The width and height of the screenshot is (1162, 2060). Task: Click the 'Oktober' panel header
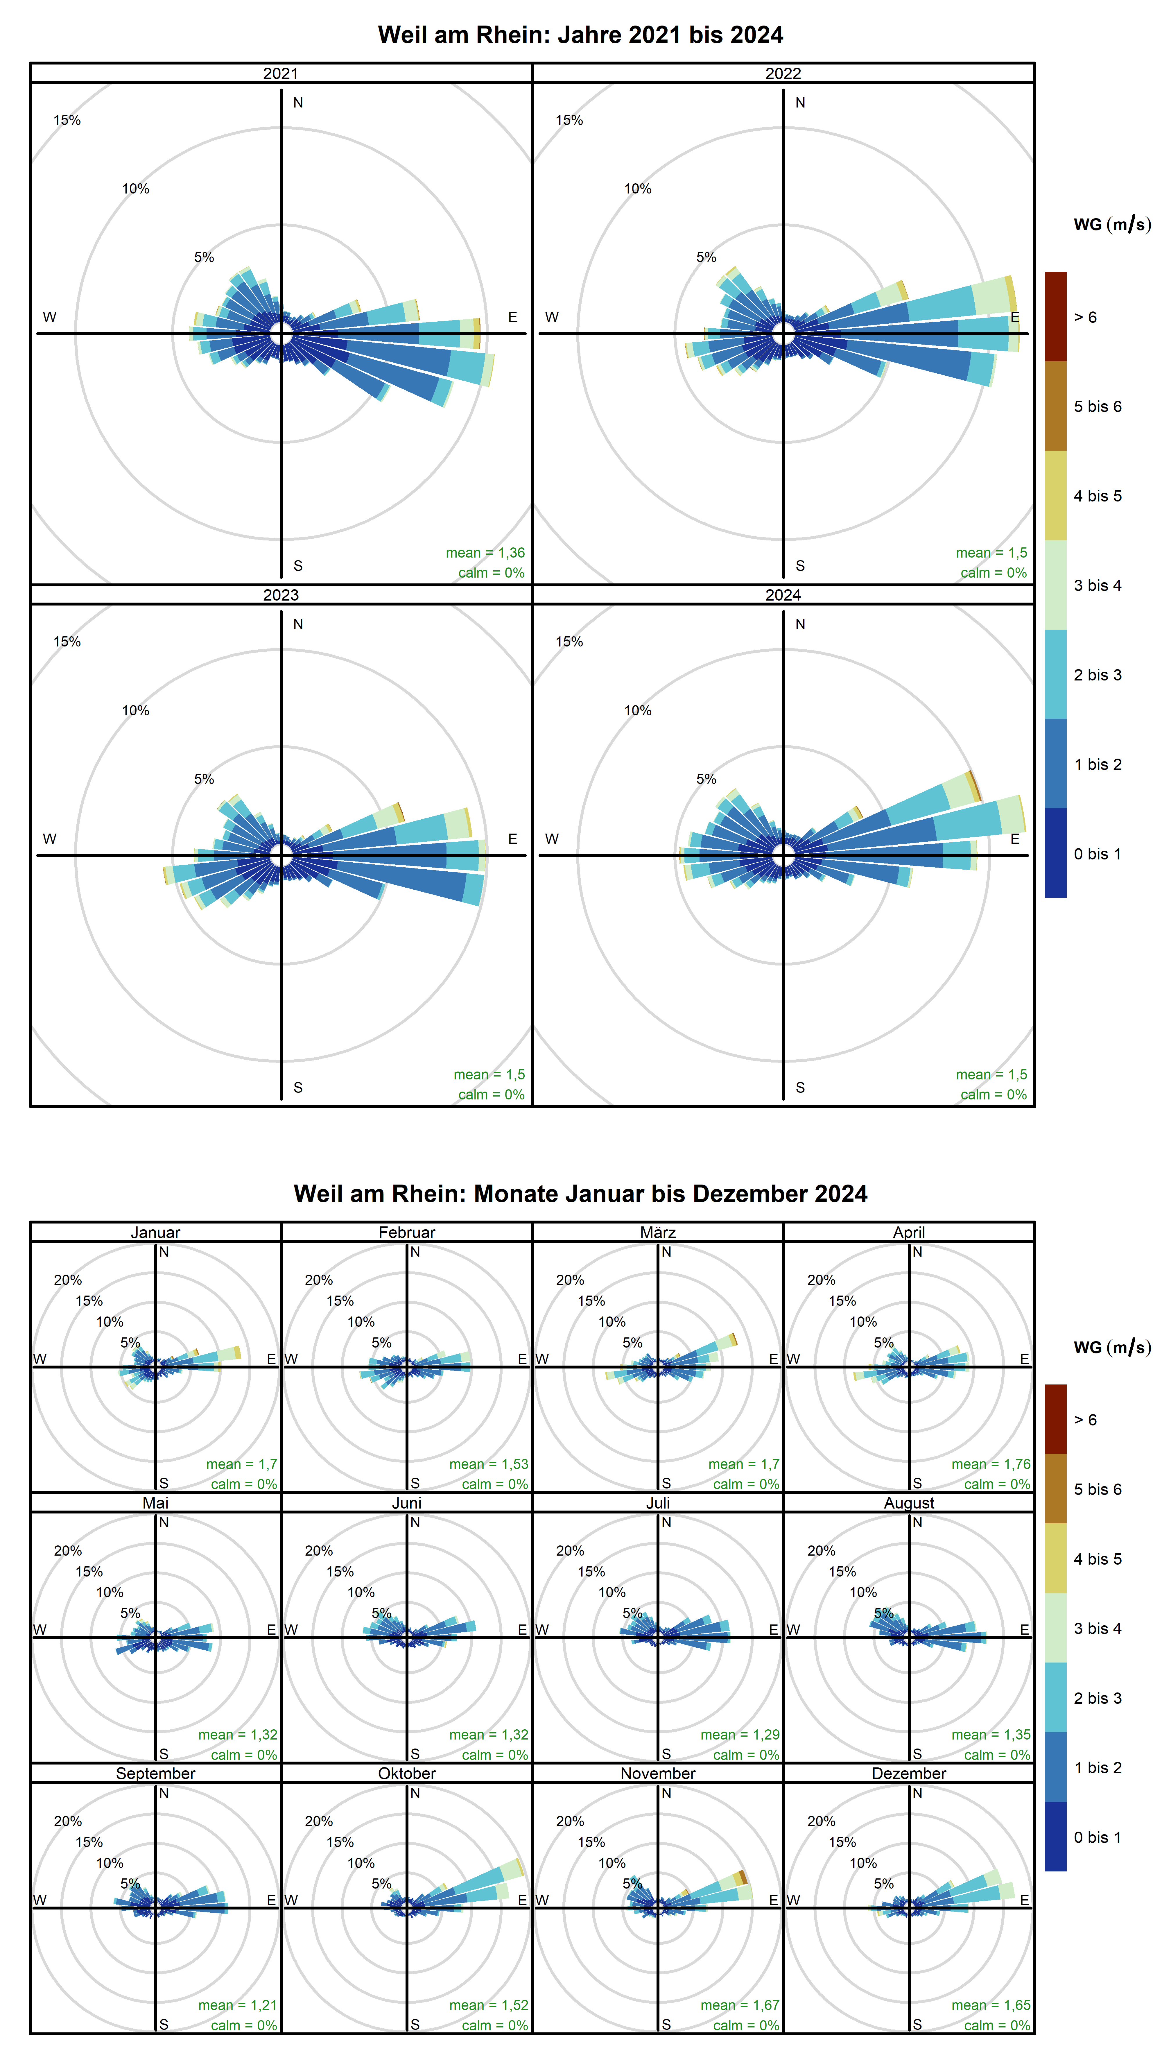coord(406,1773)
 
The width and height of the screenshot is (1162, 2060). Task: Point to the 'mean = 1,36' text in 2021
coord(485,553)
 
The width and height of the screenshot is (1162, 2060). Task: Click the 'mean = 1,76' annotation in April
coord(990,1464)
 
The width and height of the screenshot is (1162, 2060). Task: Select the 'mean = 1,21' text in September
coord(238,2005)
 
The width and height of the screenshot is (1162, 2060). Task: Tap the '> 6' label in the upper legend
coord(1085,318)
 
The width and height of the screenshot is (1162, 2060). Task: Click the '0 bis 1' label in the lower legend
coord(1097,1837)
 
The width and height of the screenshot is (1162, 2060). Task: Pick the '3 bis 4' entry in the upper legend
coord(1097,585)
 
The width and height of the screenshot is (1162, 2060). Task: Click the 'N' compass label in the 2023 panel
coord(297,624)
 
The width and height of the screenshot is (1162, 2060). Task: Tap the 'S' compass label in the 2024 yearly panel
coord(800,1088)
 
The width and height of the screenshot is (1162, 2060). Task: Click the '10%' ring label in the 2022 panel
coord(637,189)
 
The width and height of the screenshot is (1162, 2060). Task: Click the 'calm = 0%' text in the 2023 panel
coord(491,1094)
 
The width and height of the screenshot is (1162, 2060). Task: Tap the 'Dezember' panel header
coord(908,1773)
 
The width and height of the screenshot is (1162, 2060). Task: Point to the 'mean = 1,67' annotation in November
coord(739,2005)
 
